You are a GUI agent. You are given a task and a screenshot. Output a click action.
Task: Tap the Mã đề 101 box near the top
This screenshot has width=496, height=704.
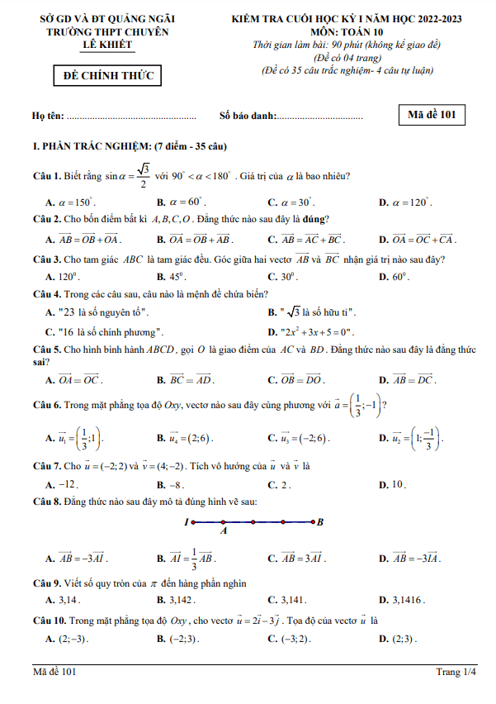coord(431,115)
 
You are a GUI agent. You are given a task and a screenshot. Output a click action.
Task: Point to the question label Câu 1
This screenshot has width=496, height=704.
coord(47,175)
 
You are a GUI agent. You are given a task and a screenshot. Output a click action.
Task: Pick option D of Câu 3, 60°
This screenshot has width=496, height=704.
coord(390,277)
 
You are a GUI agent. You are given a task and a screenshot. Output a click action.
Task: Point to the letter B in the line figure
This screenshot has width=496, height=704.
coord(320,521)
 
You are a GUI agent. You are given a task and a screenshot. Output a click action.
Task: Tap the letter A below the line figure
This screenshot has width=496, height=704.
coord(224,532)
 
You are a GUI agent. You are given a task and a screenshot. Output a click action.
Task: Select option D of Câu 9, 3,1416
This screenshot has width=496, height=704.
coord(402,600)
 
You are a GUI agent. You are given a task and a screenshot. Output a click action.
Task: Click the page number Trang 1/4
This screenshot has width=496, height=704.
coord(456,672)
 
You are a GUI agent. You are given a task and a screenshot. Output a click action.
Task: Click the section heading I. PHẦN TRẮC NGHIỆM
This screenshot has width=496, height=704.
coord(129,147)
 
